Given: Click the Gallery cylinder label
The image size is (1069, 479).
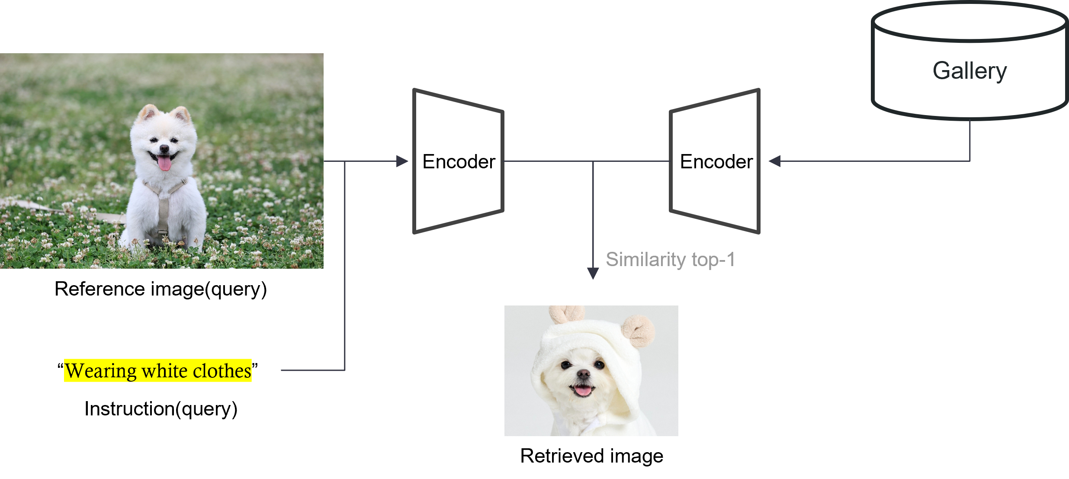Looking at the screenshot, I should click(x=969, y=71).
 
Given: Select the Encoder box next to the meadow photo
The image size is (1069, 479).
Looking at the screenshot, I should click(x=459, y=161).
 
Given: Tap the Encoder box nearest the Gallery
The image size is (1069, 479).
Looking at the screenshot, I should click(x=716, y=161).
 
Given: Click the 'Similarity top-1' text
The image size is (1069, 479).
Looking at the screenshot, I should click(x=670, y=260).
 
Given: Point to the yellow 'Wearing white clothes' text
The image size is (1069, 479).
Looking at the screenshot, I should click(x=158, y=371).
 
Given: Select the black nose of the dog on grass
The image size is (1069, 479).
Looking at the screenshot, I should click(x=164, y=148).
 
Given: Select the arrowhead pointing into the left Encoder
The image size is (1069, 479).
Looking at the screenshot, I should click(x=402, y=161).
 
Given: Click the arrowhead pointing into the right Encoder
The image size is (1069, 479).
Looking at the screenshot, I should click(x=775, y=161).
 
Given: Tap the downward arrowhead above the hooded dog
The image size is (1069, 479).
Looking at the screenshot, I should click(x=593, y=273).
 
